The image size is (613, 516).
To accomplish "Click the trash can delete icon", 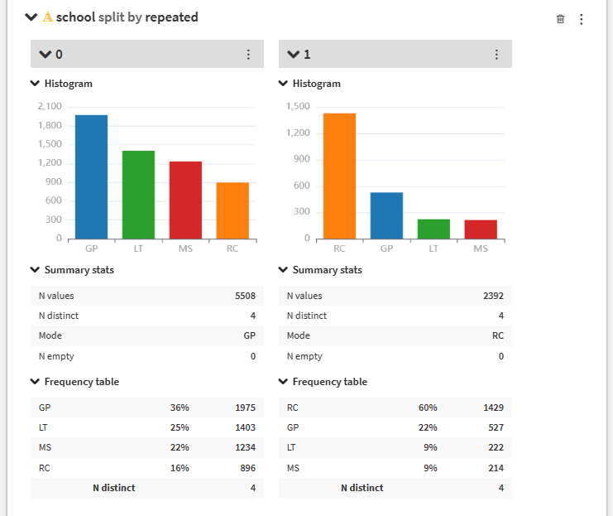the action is pyautogui.click(x=560, y=19).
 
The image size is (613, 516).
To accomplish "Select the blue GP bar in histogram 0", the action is pyautogui.click(x=92, y=177).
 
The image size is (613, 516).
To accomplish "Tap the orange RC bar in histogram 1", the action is pyautogui.click(x=339, y=176).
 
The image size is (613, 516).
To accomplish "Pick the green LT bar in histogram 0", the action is pyautogui.click(x=138, y=195).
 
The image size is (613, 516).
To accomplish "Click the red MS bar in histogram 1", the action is pyautogui.click(x=481, y=229).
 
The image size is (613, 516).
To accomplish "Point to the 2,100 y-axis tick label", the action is pyautogui.click(x=50, y=106).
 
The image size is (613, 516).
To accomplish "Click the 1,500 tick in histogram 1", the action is pyautogui.click(x=298, y=106).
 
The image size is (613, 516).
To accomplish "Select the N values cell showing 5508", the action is pyautogui.click(x=245, y=296).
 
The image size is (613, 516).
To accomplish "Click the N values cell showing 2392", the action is pyautogui.click(x=493, y=296).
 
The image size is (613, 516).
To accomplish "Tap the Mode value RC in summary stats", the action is pyautogui.click(x=498, y=335).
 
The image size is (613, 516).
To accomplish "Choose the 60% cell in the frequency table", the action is pyautogui.click(x=428, y=407).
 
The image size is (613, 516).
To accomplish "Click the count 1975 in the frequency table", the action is pyautogui.click(x=245, y=407).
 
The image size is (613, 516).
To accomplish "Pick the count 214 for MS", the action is pyautogui.click(x=496, y=468).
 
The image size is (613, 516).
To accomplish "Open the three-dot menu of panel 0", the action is pyautogui.click(x=248, y=55).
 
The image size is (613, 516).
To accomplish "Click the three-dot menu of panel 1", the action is pyautogui.click(x=496, y=55).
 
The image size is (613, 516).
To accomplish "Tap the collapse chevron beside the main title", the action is pyautogui.click(x=31, y=17).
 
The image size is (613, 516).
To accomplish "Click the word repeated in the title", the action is pyautogui.click(x=171, y=17).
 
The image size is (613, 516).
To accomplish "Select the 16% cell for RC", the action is pyautogui.click(x=180, y=468).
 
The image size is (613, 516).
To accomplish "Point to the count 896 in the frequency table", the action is pyautogui.click(x=248, y=468).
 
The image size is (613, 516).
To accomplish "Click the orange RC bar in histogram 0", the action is pyautogui.click(x=232, y=210).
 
